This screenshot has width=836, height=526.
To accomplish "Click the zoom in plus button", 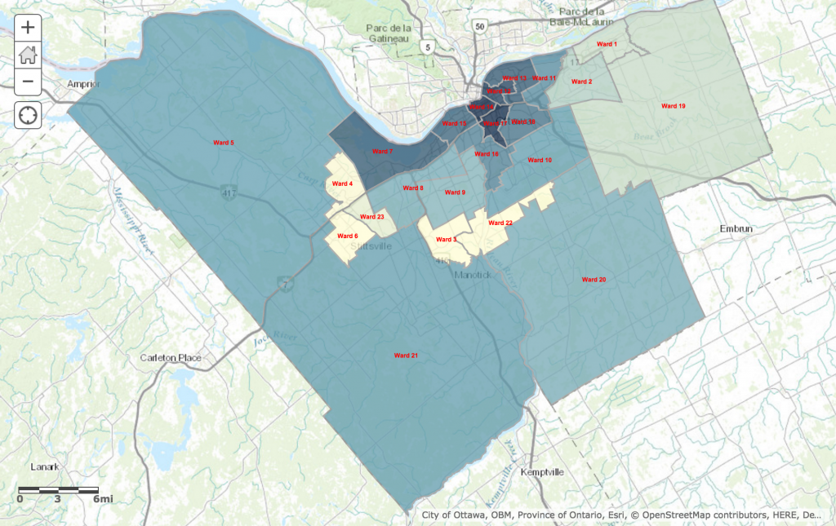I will (x=28, y=27).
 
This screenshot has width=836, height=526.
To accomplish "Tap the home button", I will (x=28, y=55).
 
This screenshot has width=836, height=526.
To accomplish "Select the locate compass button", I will (x=28, y=115).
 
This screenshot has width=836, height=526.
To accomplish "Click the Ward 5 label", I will (x=223, y=143).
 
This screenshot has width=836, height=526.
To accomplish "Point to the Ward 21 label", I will (x=406, y=356).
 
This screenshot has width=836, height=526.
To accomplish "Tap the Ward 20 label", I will (x=594, y=280).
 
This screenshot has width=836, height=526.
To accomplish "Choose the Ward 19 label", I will (x=674, y=106).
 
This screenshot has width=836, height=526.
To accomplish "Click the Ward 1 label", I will (x=607, y=43).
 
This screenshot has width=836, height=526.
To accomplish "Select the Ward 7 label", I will (x=382, y=152).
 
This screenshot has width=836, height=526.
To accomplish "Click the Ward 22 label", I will (x=500, y=223).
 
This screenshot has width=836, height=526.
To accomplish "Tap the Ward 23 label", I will (x=371, y=217).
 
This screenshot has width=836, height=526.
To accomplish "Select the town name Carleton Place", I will (x=171, y=357).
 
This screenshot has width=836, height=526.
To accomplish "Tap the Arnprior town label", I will (x=82, y=84).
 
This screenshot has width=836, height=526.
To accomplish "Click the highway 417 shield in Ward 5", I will (x=229, y=192).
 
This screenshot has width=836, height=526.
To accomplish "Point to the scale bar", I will (x=59, y=490).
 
